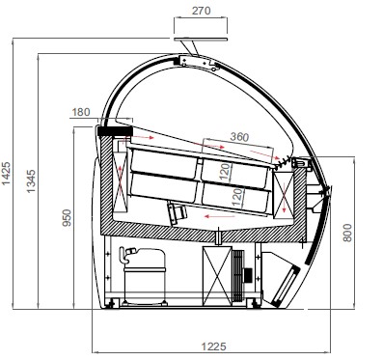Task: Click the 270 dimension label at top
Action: coord(202,11)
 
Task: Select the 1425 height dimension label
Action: coord(7,174)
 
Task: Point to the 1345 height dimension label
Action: coord(32,180)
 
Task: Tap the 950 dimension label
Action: coord(67,217)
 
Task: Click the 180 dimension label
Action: coord(81,112)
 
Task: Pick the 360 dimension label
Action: coord(239,137)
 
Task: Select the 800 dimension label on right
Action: coord(347,233)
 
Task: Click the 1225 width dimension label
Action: coord(214,346)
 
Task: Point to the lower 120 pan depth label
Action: coord(237,197)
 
